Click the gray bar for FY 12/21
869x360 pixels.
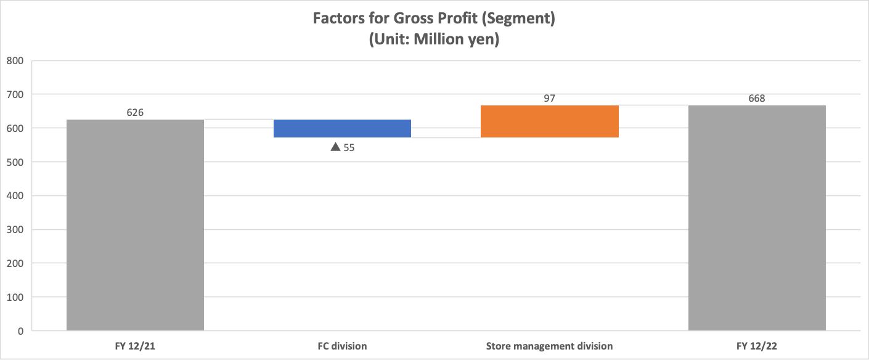tap(135, 225)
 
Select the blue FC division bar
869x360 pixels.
tap(342, 128)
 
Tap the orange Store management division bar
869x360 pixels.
tap(550, 121)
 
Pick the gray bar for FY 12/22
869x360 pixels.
tap(757, 218)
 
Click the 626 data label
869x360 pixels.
tap(135, 112)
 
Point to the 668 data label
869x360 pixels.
tap(757, 99)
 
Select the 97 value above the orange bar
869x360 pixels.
tap(549, 99)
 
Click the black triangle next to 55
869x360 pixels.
tap(335, 147)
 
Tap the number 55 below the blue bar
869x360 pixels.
tap(349, 148)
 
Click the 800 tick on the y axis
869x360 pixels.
tap(15, 61)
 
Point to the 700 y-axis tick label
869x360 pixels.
tap(15, 95)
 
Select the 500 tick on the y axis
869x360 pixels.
tap(15, 162)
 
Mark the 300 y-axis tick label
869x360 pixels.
tap(15, 230)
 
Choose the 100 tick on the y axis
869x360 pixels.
tap(15, 298)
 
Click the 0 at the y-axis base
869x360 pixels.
tap(20, 331)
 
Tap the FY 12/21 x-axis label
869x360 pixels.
tap(135, 346)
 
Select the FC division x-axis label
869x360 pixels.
tap(342, 346)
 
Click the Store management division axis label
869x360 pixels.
tap(549, 346)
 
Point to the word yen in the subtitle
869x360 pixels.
tap(483, 39)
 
